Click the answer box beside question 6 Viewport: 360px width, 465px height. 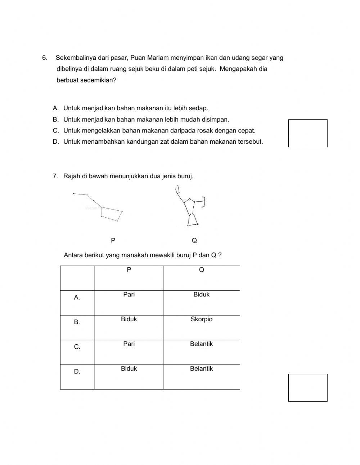[x=307, y=133]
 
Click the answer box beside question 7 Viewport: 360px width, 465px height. [x=307, y=388]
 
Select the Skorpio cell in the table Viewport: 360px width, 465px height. [x=201, y=319]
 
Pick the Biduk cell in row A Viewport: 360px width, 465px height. [x=201, y=295]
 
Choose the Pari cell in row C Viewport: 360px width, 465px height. [x=129, y=344]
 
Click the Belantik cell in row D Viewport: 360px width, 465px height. [x=201, y=369]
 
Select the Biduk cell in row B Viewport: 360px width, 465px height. [x=129, y=319]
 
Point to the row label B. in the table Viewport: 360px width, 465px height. [x=77, y=322]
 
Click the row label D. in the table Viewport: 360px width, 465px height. [x=77, y=372]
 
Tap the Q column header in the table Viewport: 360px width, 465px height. [x=201, y=270]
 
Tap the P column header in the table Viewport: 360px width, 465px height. [x=129, y=270]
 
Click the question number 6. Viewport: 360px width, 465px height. [x=45, y=58]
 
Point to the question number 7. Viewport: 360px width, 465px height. [x=55, y=176]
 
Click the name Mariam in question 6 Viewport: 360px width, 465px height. [x=157, y=58]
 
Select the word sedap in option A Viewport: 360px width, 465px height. [x=199, y=108]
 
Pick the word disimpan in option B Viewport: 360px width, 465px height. [x=215, y=120]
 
